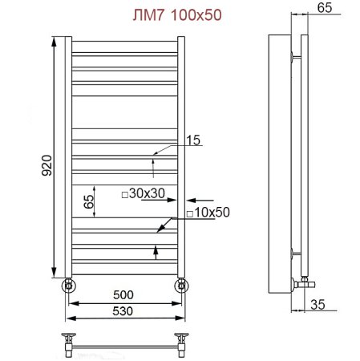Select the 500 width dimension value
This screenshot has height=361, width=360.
point(124,295)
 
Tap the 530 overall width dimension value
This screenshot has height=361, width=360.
point(124,311)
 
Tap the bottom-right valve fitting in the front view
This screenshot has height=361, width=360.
point(181,284)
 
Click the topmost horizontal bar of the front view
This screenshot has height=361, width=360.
point(124,47)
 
